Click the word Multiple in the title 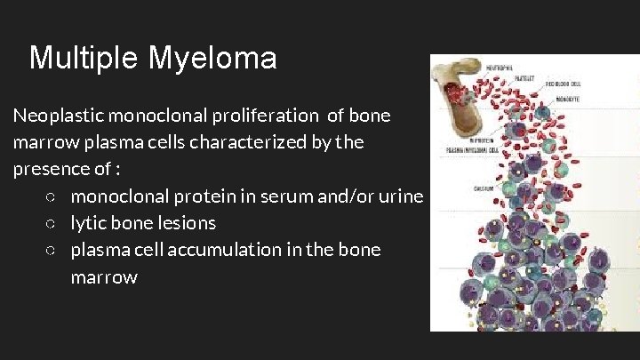pyautogui.click(x=84, y=59)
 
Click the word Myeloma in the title pyautogui.click(x=212, y=59)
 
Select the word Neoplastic pyautogui.click(x=56, y=116)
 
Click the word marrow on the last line pyautogui.click(x=104, y=277)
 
